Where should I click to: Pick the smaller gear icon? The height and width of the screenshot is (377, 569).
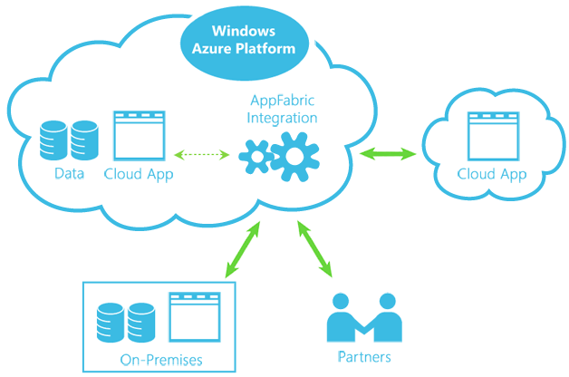pos(257,156)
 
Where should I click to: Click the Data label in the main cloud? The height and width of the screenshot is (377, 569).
pos(69,173)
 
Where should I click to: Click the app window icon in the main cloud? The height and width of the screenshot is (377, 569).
pos(138,135)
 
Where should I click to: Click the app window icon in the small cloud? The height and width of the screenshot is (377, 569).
pos(491,136)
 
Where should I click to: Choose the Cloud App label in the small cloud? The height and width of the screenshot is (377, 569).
pos(491,174)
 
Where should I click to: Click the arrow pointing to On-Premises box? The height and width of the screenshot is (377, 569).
pos(242,249)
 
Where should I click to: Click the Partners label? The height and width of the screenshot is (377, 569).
pos(363,357)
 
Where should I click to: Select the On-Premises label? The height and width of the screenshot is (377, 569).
pos(161,360)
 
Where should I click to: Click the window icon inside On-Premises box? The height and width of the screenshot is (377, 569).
pos(195,317)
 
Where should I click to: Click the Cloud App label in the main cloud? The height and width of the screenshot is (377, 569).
pos(138,173)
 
